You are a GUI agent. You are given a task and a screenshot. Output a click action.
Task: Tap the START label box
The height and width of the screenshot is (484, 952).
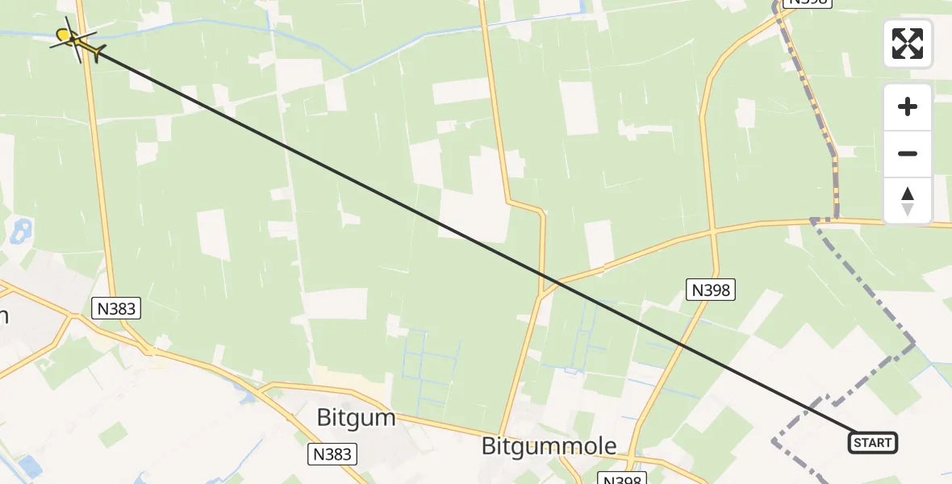[872, 442]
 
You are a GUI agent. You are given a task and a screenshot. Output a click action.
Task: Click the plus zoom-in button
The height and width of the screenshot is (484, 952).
[908, 106]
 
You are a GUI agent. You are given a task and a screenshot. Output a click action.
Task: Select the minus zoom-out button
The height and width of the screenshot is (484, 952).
[908, 153]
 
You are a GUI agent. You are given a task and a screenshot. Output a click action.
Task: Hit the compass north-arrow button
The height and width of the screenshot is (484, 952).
[908, 200]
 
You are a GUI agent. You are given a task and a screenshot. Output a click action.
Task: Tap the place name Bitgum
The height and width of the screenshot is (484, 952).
[356, 418]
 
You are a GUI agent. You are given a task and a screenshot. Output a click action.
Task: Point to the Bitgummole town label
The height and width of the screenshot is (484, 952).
[549, 445]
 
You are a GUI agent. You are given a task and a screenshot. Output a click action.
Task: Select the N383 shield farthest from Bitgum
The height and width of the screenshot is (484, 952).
[117, 307]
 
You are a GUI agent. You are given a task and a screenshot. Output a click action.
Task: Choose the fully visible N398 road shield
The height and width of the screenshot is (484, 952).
[711, 290]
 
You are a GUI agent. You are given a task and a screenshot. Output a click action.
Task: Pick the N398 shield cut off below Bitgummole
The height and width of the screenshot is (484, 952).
[624, 479]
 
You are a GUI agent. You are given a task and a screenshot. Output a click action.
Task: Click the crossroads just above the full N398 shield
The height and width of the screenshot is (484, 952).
[713, 231]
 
